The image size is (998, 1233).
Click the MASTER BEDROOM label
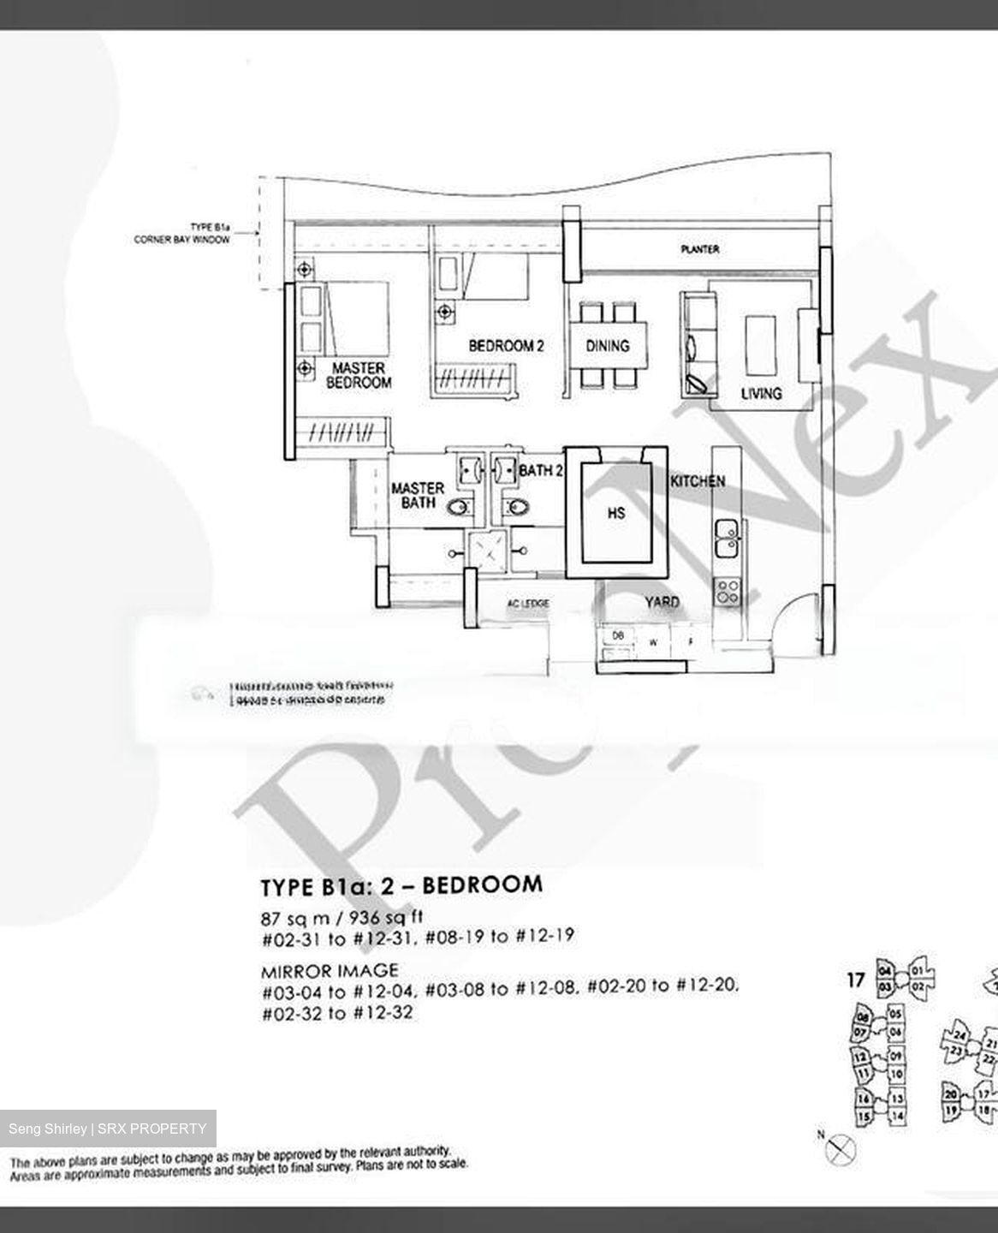(359, 376)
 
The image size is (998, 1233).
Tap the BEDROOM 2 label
(506, 346)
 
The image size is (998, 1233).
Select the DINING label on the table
(607, 346)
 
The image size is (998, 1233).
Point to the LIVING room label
(761, 393)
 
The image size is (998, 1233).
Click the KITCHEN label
(698, 481)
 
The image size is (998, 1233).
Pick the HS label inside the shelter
(615, 513)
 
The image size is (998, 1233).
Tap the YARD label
(662, 602)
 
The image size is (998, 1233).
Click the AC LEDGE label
(527, 604)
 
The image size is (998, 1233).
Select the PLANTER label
(700, 249)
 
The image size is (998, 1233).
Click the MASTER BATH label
(418, 496)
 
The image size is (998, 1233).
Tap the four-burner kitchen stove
(728, 591)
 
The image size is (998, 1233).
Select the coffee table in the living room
(760, 345)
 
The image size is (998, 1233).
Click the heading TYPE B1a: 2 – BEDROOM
(401, 885)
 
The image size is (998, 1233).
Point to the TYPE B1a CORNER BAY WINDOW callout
(182, 234)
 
